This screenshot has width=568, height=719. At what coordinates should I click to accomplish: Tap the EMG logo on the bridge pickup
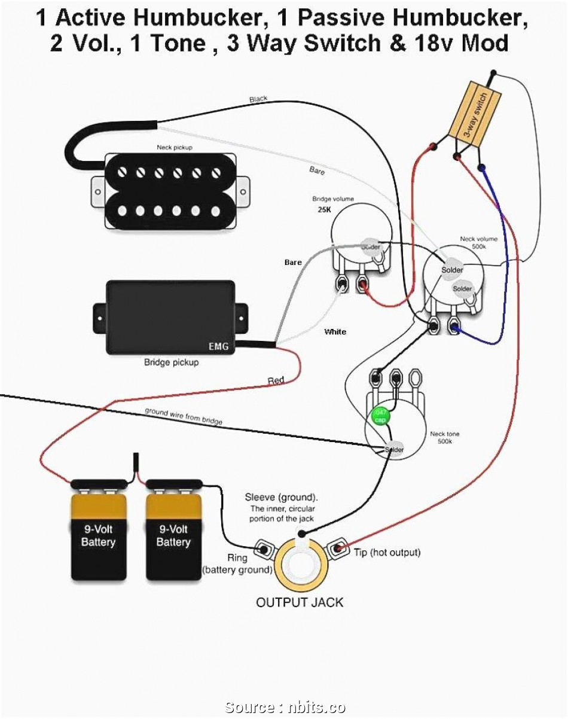coord(218,346)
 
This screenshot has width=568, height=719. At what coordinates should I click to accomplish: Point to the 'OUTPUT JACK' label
coord(300,602)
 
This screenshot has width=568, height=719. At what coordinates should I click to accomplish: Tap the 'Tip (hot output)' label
coord(387,552)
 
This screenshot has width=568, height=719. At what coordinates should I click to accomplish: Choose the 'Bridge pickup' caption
coord(171,362)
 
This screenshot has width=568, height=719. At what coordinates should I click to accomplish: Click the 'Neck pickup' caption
coord(175,147)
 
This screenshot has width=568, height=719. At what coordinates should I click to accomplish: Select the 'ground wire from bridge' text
coord(183,416)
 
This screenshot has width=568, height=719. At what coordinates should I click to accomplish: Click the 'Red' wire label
coord(276,380)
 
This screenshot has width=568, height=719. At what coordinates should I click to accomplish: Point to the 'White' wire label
coord(335,332)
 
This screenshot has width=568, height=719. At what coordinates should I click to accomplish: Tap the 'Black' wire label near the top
coord(258,99)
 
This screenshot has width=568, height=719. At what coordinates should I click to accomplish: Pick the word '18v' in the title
coord(447,43)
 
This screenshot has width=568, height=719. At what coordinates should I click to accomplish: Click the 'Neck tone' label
coord(445,434)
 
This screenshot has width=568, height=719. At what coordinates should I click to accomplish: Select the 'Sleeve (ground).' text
coord(281,498)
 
